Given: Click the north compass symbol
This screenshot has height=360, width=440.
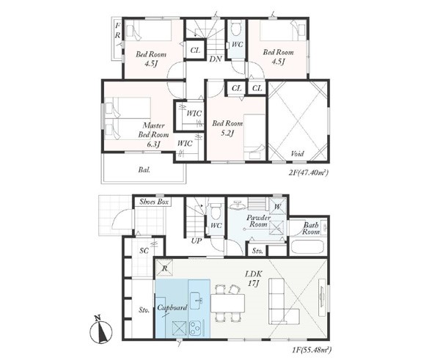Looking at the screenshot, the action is coord(100,330).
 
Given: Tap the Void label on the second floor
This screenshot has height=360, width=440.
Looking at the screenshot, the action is coord(297,154).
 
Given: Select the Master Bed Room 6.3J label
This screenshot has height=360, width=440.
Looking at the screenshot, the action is coord(153,135).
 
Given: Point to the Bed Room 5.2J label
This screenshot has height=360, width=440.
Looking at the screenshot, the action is coord(227,128).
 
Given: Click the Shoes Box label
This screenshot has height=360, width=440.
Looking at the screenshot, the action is coord(154,202).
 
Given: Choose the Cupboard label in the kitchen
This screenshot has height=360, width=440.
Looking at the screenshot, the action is coord(172,308).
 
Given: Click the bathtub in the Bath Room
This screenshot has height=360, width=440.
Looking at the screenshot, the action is coord(307,248).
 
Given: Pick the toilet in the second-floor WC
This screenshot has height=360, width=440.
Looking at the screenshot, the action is coord(235,28).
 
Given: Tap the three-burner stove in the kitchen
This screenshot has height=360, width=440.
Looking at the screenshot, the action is coord(194,328).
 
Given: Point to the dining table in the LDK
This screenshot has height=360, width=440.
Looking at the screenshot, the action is coord(227,303).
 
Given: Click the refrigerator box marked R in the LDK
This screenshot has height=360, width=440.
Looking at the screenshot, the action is coord(165,268).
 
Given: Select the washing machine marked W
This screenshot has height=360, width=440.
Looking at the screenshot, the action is coord(277,207).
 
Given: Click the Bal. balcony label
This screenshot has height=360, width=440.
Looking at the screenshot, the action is coord(144,170).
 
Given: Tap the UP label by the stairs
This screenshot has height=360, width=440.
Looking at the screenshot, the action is coord(196,241).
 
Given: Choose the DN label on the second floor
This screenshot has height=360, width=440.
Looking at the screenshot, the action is coord(216,59).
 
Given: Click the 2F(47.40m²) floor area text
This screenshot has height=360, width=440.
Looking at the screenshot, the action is coord(309,172).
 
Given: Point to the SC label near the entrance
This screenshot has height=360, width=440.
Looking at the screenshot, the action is coord(144,251).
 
